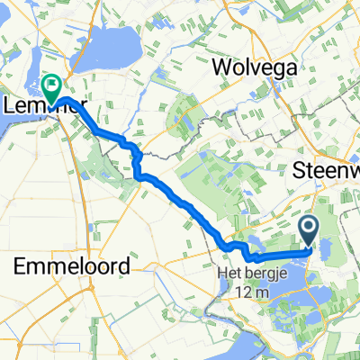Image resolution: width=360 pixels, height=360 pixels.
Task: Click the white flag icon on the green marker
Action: click(52, 84)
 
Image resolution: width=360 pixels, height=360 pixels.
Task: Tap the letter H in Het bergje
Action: click(221, 271)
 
